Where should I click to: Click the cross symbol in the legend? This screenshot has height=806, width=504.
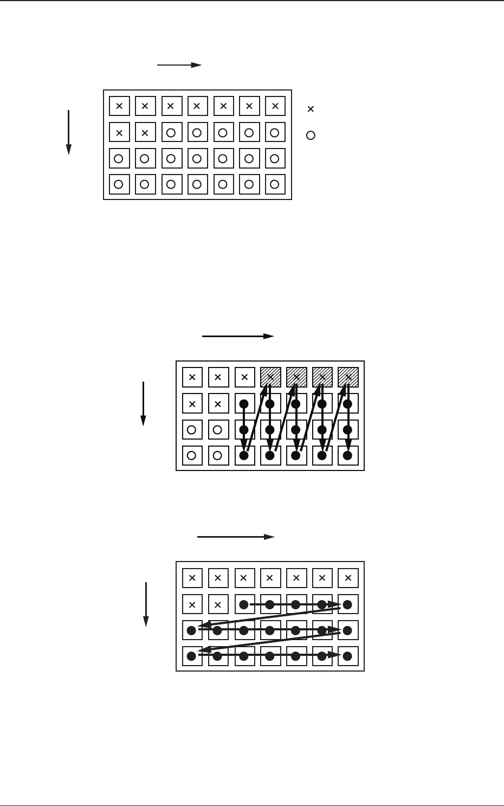point(311,109)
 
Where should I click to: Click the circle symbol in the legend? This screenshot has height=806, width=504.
point(311,136)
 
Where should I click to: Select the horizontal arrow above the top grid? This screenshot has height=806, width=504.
point(179,65)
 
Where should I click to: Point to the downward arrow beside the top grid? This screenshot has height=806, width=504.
point(69,132)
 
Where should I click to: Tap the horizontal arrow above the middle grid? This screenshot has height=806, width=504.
point(238,336)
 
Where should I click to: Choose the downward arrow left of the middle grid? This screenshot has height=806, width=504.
point(143,403)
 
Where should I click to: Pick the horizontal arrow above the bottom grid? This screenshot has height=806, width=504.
point(236,537)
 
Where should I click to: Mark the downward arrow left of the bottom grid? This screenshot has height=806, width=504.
point(146,604)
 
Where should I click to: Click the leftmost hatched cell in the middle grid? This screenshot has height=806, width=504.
point(270,377)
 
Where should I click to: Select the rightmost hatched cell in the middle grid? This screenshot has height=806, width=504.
point(348,377)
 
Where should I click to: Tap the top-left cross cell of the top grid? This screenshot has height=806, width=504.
point(119,106)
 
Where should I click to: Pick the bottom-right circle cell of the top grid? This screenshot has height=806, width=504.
point(275,184)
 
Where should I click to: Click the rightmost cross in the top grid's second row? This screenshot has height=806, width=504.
point(145,132)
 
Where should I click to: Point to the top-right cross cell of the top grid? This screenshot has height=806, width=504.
point(275,106)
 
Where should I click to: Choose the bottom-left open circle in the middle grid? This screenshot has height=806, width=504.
point(192,456)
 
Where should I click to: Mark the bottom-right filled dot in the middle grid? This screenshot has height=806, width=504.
point(348,456)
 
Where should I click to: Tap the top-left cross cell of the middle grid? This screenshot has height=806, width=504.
point(192,377)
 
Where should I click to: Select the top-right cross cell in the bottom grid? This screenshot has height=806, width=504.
point(348,578)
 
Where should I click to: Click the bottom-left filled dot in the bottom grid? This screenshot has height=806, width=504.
point(192,656)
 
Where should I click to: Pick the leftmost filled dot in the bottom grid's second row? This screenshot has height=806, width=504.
point(244,604)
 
